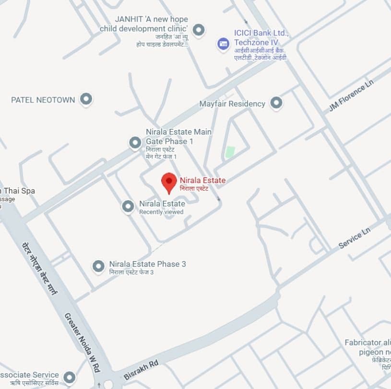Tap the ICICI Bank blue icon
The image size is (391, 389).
(x=223, y=44)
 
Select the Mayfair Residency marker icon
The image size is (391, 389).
(x=276, y=103)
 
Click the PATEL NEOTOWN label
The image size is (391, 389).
(x=43, y=100)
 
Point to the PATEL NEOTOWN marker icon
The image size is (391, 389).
(x=86, y=99)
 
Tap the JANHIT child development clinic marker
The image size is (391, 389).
(x=198, y=30)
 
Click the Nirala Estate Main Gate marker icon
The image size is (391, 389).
(x=135, y=142)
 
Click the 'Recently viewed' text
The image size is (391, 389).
(x=161, y=212)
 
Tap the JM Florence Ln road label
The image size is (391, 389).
(x=351, y=95)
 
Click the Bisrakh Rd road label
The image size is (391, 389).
(x=141, y=370)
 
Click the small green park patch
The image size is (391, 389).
(x=230, y=152)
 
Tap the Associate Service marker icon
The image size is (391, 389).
(x=70, y=377)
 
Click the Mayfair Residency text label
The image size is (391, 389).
(x=232, y=103)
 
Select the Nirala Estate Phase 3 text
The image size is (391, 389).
(x=147, y=264)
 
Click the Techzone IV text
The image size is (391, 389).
(x=256, y=43)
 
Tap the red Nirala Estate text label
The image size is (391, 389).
(x=202, y=180)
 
